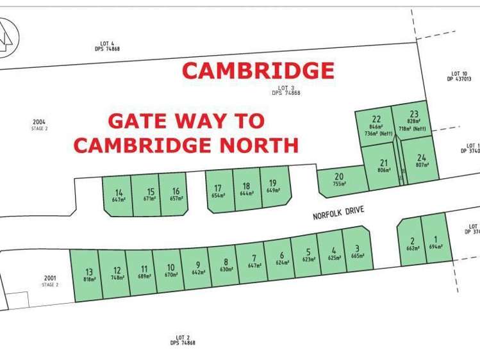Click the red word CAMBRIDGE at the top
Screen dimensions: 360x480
coord(258,70)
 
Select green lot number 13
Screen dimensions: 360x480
coord(89,274)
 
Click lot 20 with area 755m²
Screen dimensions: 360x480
coord(339,179)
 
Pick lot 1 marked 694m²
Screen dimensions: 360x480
coord(436,242)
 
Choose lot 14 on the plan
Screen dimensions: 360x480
coord(119,195)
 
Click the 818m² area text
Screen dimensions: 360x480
coord(89,279)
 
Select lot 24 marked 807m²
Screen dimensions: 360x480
coord(421,160)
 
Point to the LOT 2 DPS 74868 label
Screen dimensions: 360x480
coord(183,340)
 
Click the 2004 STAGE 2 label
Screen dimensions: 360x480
coord(40,124)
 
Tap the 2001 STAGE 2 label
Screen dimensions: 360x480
coord(50,281)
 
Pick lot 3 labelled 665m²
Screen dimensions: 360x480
coord(358,252)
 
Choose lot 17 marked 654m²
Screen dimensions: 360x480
coord(218,191)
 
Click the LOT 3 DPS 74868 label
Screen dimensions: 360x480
coord(286,90)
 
